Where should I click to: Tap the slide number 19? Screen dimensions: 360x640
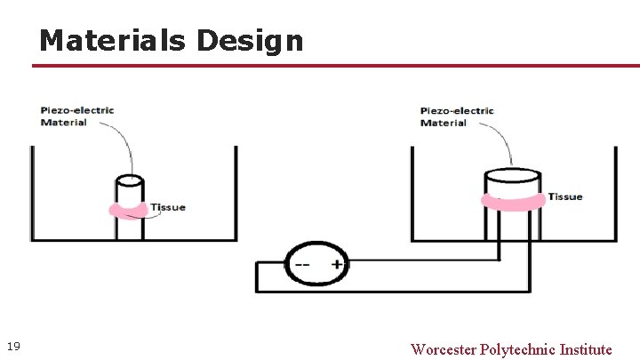click(13, 346)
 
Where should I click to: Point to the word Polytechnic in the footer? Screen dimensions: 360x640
click(518, 349)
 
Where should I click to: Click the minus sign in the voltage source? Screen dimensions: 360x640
click(302, 264)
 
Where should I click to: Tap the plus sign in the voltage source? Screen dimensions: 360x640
click(337, 264)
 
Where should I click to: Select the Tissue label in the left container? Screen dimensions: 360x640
click(168, 207)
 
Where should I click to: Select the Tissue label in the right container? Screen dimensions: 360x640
click(565, 196)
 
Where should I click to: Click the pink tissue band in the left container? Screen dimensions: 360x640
click(129, 211)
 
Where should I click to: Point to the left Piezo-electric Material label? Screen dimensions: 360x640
click(76, 116)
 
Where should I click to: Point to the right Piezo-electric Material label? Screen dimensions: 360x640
click(456, 116)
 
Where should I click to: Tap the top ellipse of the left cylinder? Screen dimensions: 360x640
click(129, 180)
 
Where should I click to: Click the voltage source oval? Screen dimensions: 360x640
click(316, 264)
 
